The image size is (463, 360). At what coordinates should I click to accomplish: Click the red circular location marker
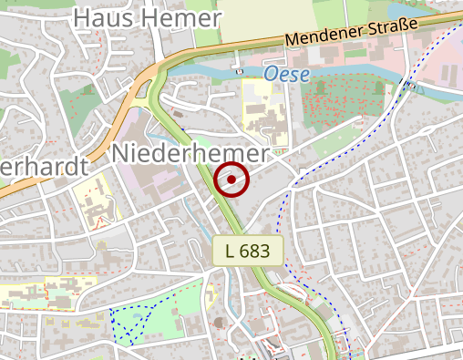(x=232, y=180)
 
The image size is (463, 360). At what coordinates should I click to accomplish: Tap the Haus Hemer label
(x=147, y=19)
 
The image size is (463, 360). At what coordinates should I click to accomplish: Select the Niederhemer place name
(x=190, y=154)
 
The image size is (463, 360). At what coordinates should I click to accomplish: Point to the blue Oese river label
(x=287, y=73)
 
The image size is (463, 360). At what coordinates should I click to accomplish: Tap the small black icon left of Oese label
(x=239, y=70)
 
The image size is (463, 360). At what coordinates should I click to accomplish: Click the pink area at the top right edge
(x=447, y=64)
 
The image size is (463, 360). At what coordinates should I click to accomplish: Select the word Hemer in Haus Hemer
(x=182, y=19)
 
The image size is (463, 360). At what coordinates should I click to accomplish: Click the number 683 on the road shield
(x=256, y=252)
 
